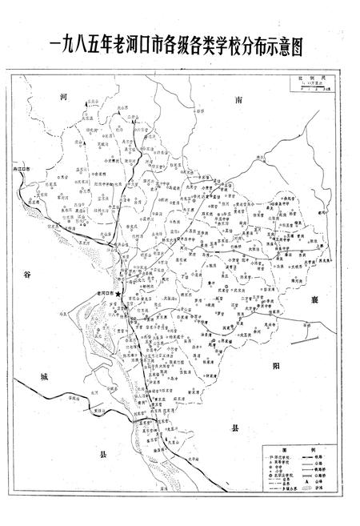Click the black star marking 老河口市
(x=118, y=295)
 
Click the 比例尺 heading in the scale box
(x=309, y=81)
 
